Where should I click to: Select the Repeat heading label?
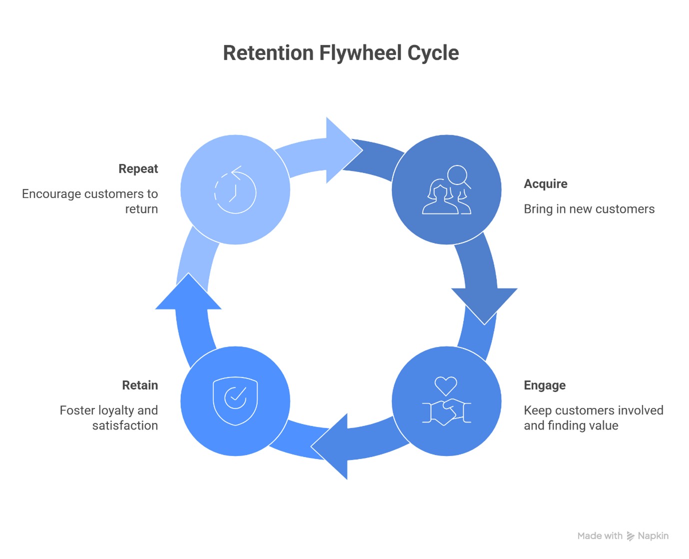point(138,169)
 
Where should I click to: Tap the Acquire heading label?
point(545,184)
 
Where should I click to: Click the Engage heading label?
point(545,385)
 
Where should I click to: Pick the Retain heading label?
point(140,385)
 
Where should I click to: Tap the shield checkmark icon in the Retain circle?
point(235,400)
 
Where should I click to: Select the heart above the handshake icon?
point(446,385)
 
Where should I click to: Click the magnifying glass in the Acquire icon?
point(458,175)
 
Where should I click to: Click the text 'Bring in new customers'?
point(589,209)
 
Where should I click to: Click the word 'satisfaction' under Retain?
point(125,425)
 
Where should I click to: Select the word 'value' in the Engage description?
point(605,425)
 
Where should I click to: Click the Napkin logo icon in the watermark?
point(631,536)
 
